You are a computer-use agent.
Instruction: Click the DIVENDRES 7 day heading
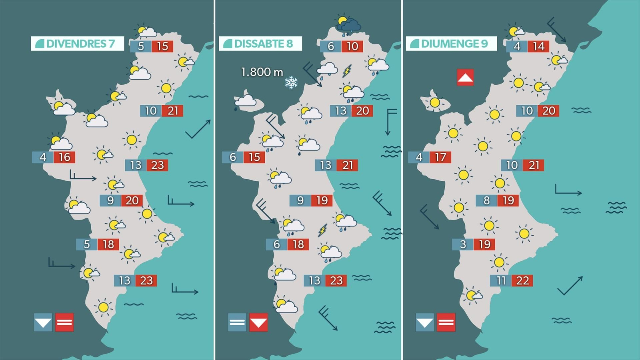tap(78, 44)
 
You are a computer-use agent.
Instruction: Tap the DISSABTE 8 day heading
tap(260, 44)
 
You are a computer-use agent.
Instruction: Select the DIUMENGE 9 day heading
tap(451, 44)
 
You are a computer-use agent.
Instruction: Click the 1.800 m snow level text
tap(262, 72)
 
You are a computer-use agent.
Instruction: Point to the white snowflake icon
tap(291, 82)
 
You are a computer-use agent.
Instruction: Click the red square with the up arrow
tap(465, 77)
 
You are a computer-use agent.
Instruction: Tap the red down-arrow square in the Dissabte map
tap(258, 322)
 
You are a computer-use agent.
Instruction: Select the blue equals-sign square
tap(237, 322)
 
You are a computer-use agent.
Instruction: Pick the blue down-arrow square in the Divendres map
tap(43, 322)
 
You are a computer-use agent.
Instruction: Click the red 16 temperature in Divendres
tap(64, 157)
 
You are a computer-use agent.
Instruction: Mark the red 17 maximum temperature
tap(440, 157)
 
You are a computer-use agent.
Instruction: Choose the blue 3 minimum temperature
tap(463, 244)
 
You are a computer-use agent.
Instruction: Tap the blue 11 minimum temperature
tap(501, 281)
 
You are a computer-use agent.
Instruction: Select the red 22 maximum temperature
tap(522, 281)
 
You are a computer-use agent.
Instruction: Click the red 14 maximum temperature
tap(538, 46)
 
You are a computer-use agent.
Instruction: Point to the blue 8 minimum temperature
tap(486, 200)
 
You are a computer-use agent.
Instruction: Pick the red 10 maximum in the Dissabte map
tap(352, 46)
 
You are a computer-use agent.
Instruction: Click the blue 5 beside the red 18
tap(87, 244)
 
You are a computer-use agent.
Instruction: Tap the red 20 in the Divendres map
tap(132, 200)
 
